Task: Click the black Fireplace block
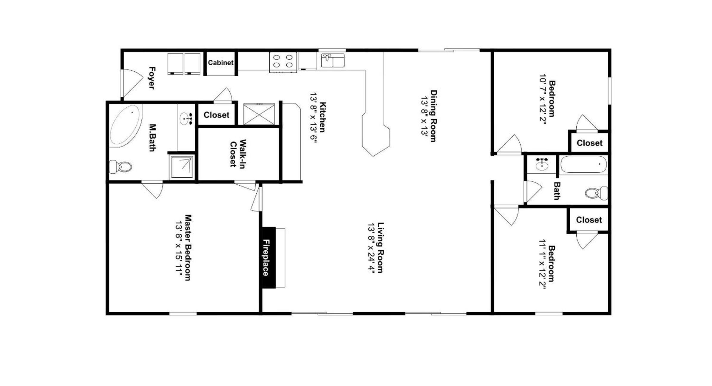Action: (268, 257)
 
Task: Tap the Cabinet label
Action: (220, 63)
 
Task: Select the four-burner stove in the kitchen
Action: (283, 62)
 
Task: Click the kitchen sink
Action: (333, 60)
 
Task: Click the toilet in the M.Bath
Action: (121, 167)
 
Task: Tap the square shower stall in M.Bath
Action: (182, 167)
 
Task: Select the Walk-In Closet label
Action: (238, 153)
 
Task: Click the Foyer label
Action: (152, 78)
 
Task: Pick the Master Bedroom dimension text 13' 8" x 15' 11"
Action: (179, 247)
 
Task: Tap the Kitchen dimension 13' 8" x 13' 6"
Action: (313, 118)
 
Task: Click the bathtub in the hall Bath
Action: (583, 165)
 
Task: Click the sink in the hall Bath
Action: (542, 164)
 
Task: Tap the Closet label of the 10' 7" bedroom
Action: (589, 143)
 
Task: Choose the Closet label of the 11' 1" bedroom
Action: (589, 220)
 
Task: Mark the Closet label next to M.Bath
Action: (216, 115)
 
